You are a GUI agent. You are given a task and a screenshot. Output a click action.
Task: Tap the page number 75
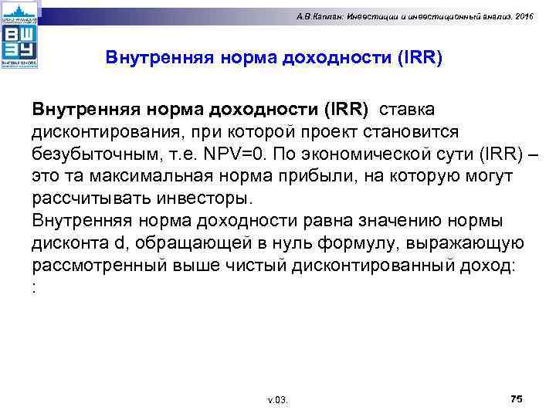(x=517, y=398)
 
